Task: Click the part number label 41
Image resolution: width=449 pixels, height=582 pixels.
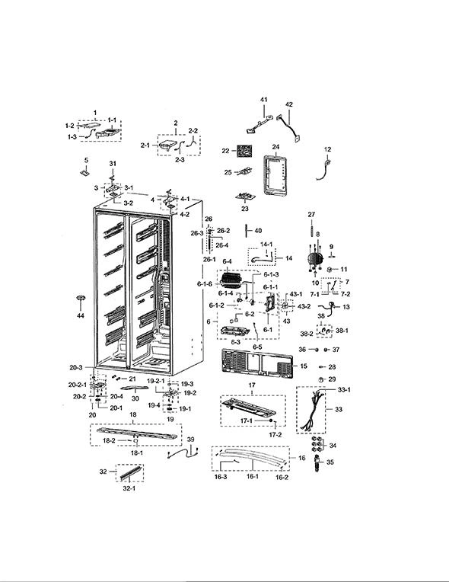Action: (x=263, y=100)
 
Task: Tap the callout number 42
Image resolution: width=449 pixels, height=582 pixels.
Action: (x=289, y=104)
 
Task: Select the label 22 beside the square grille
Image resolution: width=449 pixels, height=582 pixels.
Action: (x=226, y=151)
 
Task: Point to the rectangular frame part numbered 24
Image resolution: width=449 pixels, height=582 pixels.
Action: (x=275, y=175)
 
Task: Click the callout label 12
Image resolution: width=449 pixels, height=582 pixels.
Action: (x=327, y=149)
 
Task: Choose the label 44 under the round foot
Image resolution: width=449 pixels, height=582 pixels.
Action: (x=81, y=315)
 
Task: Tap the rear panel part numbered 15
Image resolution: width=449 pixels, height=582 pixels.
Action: (x=257, y=362)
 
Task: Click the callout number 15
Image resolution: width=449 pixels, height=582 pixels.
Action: (x=304, y=366)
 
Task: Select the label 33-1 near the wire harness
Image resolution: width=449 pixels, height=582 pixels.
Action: (x=344, y=390)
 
